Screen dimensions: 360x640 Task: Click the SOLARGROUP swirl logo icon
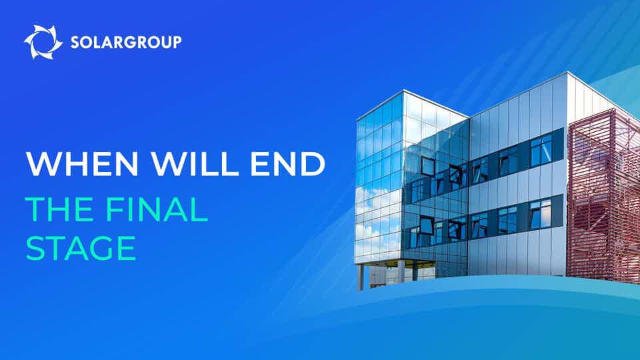tap(43, 41)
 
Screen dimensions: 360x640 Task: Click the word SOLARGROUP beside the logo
tap(125, 42)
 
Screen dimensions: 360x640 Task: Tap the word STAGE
tap(81, 249)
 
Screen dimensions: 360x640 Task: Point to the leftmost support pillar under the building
tap(361, 276)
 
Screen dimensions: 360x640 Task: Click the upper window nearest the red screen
tap(541, 150)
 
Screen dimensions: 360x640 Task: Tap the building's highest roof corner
tap(567, 72)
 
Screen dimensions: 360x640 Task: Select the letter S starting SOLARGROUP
tap(75, 42)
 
